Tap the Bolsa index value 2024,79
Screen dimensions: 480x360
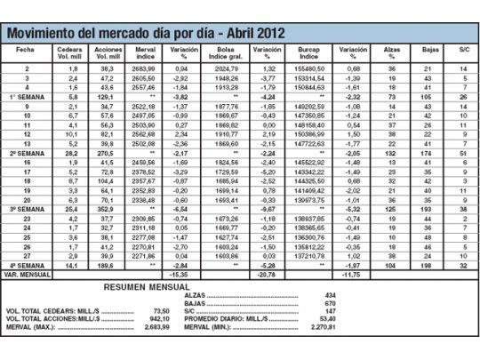click(x=228, y=68)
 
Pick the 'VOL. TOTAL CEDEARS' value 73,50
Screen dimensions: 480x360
click(x=160, y=311)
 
